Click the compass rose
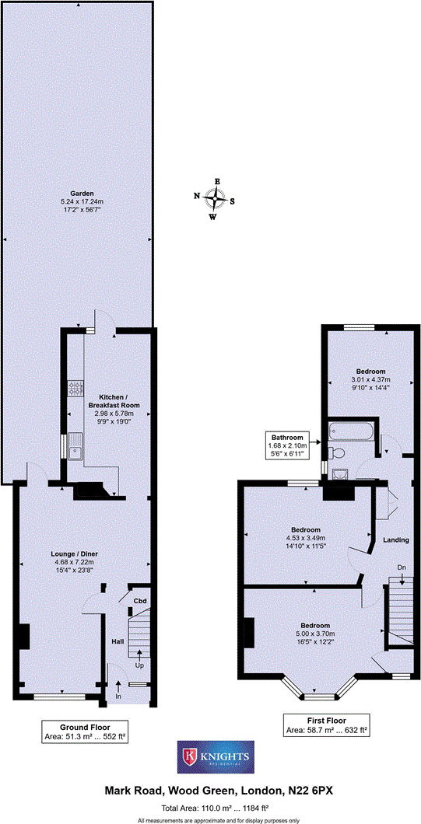click(x=216, y=199)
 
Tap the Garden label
click(x=81, y=193)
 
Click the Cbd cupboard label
click(x=140, y=601)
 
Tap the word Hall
click(x=118, y=641)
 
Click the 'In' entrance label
click(x=118, y=697)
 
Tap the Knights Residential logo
click(x=215, y=756)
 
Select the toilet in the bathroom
click(x=337, y=452)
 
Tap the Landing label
click(x=396, y=539)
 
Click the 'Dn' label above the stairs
click(x=402, y=567)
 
